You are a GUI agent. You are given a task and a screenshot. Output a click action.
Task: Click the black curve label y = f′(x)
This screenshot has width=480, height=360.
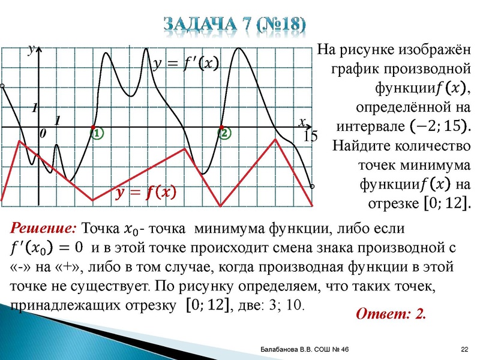click(187, 63)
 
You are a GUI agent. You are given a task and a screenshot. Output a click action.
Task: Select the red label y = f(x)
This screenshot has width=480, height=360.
click(146, 193)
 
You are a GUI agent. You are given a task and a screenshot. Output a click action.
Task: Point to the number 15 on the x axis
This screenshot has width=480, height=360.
click(311, 137)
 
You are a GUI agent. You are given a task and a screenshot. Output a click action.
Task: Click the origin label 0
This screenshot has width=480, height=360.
click(43, 136)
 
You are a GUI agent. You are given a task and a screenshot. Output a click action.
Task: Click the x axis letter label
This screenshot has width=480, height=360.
click(302, 122)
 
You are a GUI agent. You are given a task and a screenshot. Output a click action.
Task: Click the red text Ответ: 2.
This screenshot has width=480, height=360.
click(391, 314)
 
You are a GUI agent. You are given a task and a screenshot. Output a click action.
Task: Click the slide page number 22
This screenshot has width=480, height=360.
click(464, 350)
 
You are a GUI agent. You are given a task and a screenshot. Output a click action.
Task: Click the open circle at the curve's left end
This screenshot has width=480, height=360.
click(3, 87)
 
